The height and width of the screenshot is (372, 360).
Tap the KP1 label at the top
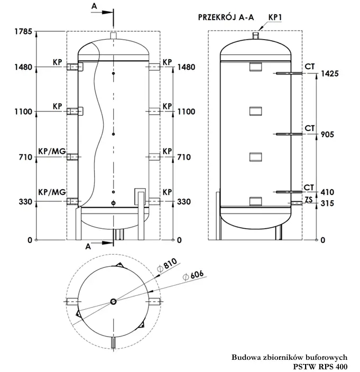click(x=275, y=17)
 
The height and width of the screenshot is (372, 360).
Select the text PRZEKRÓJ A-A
click(x=226, y=17)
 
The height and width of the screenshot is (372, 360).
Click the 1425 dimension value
click(x=328, y=73)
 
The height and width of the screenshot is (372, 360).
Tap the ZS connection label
click(x=309, y=199)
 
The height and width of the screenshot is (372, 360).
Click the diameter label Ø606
click(x=192, y=276)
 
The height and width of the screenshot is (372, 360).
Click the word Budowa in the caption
click(x=245, y=357)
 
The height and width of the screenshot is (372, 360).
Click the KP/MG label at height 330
click(x=52, y=192)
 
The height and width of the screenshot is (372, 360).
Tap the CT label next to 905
click(x=310, y=128)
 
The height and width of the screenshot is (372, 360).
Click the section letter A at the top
click(x=94, y=5)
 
